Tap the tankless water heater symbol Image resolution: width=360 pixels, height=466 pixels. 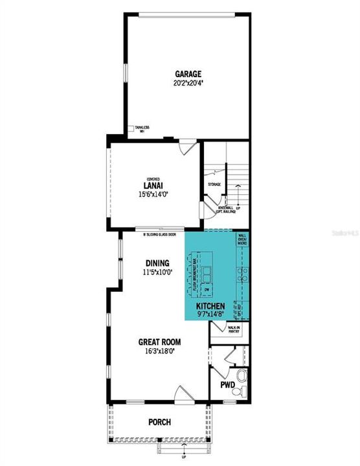coord(131,128)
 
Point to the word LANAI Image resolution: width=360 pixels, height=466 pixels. coord(153,185)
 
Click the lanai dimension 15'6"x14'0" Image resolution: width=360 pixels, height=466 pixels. coord(153,194)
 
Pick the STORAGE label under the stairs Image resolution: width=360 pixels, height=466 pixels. coord(214,184)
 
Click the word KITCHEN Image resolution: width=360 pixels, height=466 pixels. coord(211,305)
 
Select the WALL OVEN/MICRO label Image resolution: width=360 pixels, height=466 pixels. coord(242,240)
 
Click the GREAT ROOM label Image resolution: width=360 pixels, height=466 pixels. coord(159,342)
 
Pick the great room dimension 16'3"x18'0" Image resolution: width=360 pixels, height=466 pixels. coord(159,351)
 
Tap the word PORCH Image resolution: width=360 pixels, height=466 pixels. coord(159,422)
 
